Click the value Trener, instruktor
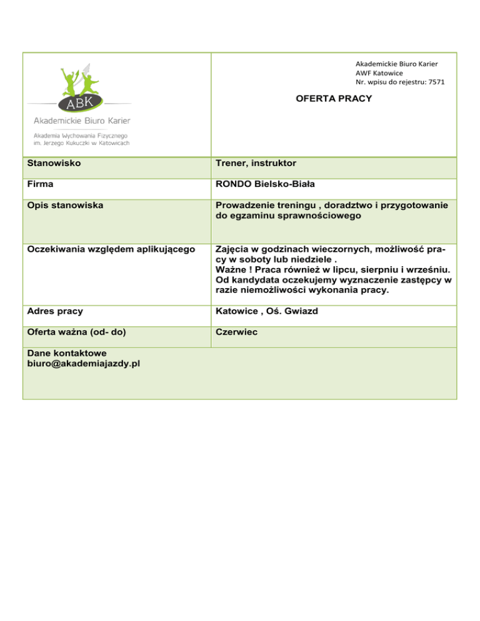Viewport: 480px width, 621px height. pyautogui.click(x=255, y=163)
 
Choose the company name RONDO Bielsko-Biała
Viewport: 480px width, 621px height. pyautogui.click(x=265, y=185)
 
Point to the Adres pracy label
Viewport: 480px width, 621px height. pyautogui.click(x=56, y=310)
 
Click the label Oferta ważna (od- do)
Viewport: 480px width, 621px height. pyautogui.click(x=77, y=332)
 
